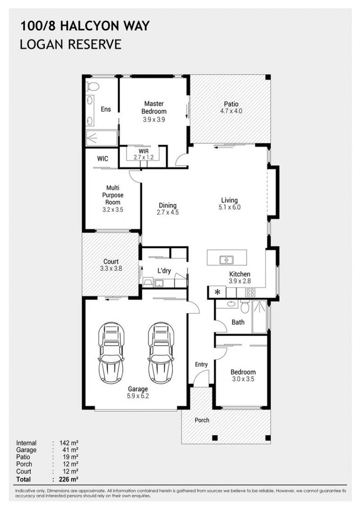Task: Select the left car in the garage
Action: click(112, 353)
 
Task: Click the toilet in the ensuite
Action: click(92, 87)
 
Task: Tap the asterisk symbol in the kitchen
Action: click(217, 292)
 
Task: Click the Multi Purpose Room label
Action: click(112, 195)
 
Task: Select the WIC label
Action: click(103, 159)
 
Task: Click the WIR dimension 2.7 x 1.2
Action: click(143, 157)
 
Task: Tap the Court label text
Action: click(111, 261)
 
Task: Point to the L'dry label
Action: click(164, 271)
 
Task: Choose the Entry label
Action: click(201, 365)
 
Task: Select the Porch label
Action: click(202, 420)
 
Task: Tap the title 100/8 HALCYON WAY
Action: click(85, 26)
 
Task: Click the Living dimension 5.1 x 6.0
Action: click(230, 207)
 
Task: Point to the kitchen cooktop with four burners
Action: click(249, 292)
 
